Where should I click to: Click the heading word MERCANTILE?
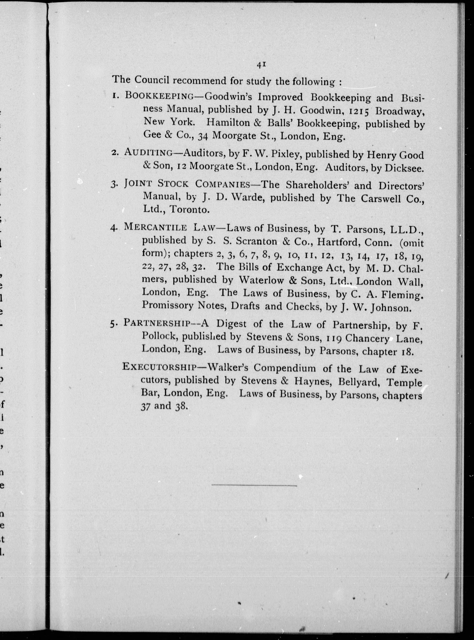156,227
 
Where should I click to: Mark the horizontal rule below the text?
254,485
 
